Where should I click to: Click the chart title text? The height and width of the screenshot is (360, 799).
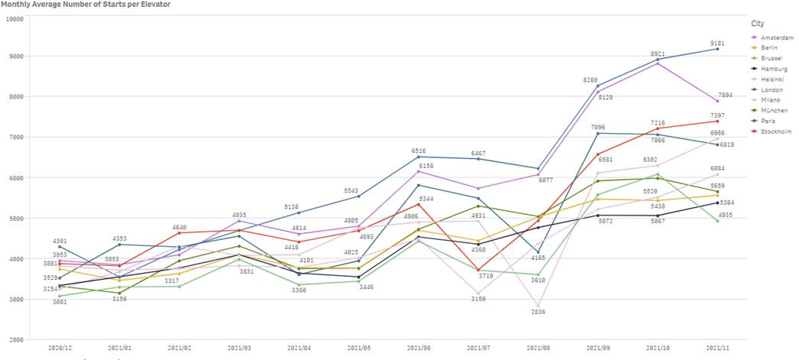click(x=85, y=5)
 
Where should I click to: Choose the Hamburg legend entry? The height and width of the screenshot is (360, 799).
click(x=775, y=68)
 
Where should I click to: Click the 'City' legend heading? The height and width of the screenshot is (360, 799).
click(x=758, y=24)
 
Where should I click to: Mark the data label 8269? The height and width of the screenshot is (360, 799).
click(x=590, y=79)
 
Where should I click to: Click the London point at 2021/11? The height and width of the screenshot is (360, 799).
click(x=717, y=49)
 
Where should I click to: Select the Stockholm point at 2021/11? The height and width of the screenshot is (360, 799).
click(x=717, y=121)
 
